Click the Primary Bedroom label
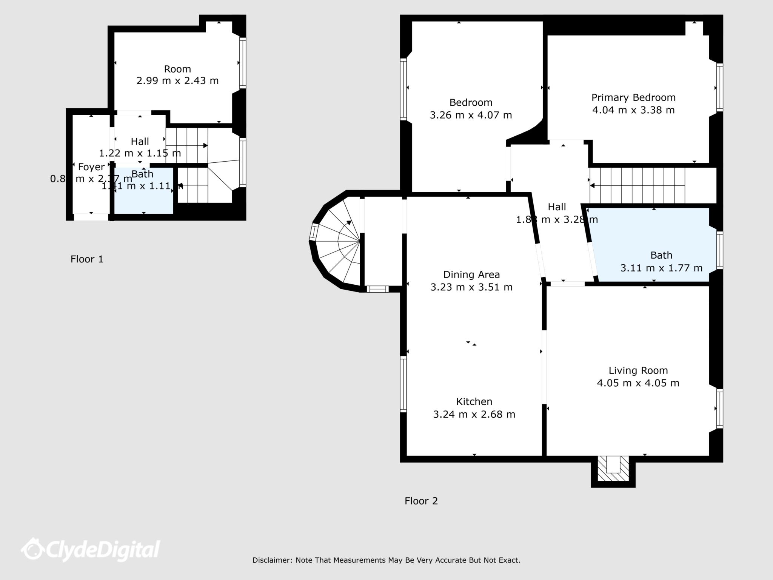(633, 97)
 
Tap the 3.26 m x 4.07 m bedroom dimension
(471, 115)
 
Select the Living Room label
(638, 370)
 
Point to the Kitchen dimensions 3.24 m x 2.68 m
(474, 414)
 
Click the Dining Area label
(471, 275)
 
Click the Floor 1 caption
(87, 259)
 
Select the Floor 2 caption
(421, 501)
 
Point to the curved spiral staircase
(338, 242)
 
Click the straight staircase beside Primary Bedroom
(642, 185)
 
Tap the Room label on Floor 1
(177, 69)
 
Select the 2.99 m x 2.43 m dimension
(177, 81)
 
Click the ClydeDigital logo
(91, 549)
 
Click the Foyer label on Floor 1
(91, 167)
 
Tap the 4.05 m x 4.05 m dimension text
(638, 383)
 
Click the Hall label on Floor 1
(140, 142)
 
